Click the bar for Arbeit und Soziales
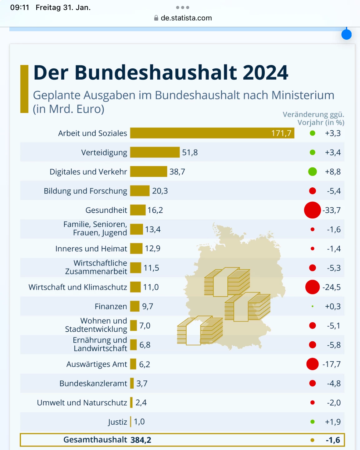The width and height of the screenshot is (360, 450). [212, 133]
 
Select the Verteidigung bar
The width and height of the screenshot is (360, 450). [155, 152]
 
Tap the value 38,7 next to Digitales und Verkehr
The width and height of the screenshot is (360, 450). [177, 172]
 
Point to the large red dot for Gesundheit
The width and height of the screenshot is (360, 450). [312, 210]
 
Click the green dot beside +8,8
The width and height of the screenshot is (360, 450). [312, 172]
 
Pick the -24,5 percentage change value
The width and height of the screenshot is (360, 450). [332, 287]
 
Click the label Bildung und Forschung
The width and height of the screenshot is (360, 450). [85, 191]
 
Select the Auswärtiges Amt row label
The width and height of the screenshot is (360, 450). [96, 364]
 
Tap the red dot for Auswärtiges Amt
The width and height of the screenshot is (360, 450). [312, 364]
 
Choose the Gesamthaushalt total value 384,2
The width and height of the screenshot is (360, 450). [141, 440]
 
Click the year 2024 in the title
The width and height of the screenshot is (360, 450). [265, 72]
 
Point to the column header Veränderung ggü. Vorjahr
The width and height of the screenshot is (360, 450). [313, 118]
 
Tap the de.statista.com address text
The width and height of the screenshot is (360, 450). [186, 18]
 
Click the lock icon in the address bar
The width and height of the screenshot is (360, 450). [156, 18]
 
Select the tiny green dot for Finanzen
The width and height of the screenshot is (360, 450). [313, 306]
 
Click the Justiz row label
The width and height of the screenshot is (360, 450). [117, 422]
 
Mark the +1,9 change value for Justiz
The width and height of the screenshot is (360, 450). [333, 422]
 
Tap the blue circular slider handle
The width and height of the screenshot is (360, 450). [346, 34]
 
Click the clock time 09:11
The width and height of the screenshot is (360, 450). [20, 7]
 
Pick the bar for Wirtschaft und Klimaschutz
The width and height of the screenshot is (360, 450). [136, 287]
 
